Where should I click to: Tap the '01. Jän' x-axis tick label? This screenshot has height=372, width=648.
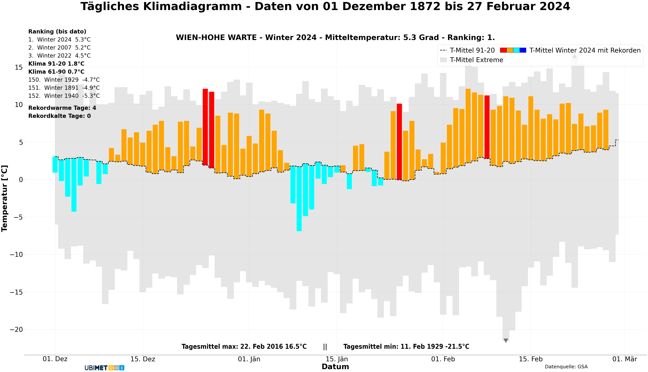[249, 359]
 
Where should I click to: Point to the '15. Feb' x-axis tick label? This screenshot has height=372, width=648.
[531, 359]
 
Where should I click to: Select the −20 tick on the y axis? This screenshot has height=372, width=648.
[16, 330]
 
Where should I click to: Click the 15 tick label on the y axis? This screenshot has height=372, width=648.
[19, 67]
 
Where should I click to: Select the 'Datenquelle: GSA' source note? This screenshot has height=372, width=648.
[566, 367]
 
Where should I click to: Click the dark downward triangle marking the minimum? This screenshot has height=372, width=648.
[505, 341]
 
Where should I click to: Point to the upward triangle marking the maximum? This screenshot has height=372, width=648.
[575, 56]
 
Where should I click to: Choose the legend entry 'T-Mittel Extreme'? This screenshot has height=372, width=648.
[476, 60]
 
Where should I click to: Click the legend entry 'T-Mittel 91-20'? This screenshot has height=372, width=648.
[472, 50]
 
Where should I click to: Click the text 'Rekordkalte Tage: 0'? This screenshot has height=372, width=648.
[60, 116]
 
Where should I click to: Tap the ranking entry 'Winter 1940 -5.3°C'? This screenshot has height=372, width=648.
[64, 96]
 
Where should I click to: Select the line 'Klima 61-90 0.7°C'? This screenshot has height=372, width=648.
[56, 72]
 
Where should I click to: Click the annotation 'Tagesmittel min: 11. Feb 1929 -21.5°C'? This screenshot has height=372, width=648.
[406, 346]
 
